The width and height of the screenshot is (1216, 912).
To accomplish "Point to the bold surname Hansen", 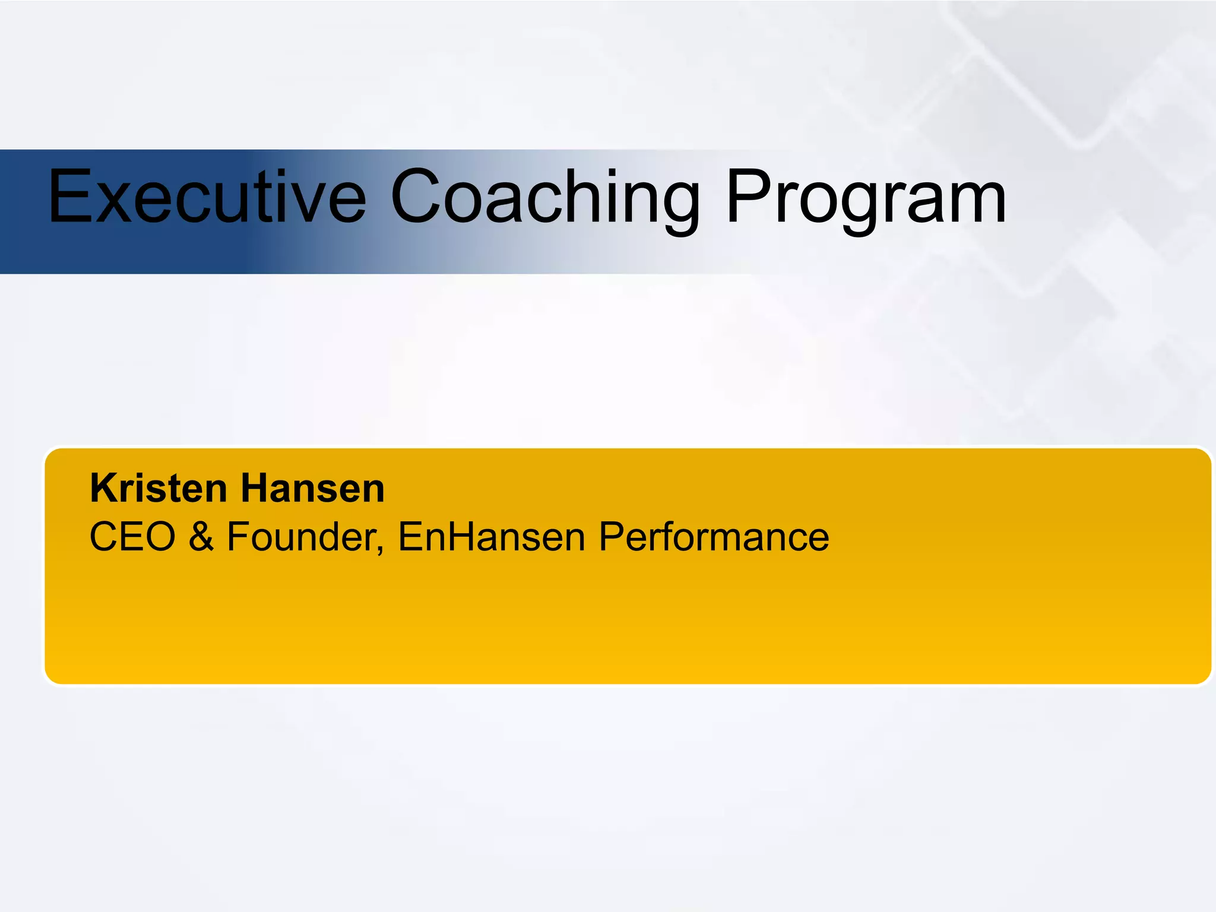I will pyautogui.click(x=312, y=488).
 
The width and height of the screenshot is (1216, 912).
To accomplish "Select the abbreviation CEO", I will pyautogui.click(x=132, y=537).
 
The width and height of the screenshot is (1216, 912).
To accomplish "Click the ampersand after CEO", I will pyautogui.click(x=201, y=537).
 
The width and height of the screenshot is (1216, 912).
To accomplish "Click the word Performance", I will pyautogui.click(x=713, y=537).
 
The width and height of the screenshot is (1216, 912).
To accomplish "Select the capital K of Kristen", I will pyautogui.click(x=102, y=488).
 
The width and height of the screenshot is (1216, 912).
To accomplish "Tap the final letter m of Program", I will pyautogui.click(x=973, y=203).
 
